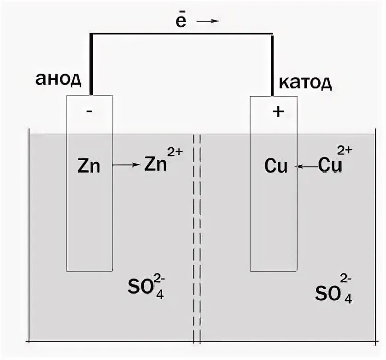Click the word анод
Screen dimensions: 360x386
[58, 79]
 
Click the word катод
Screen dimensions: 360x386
[305, 83]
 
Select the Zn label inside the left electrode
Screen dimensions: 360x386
[89, 166]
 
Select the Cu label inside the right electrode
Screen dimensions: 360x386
[276, 166]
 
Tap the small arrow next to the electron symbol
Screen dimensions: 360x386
[210, 21]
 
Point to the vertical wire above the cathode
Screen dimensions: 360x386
[273, 64]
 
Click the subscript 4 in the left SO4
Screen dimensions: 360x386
[159, 294]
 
